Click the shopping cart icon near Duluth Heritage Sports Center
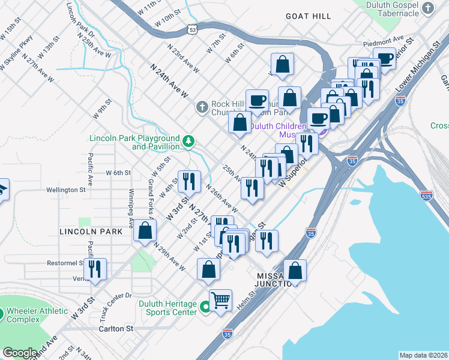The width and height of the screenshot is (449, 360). coord(221,300)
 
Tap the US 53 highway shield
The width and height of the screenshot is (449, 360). coord(192,28)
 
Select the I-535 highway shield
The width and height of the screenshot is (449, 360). coord(427,195)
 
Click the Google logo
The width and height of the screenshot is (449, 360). coord(20,353)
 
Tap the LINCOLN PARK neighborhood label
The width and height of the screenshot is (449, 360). coord(82,231)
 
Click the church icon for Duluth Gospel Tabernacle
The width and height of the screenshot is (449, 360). coord(427,8)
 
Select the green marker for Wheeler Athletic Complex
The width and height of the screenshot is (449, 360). coord(2,313)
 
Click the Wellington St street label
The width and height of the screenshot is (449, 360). coord(66,190)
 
